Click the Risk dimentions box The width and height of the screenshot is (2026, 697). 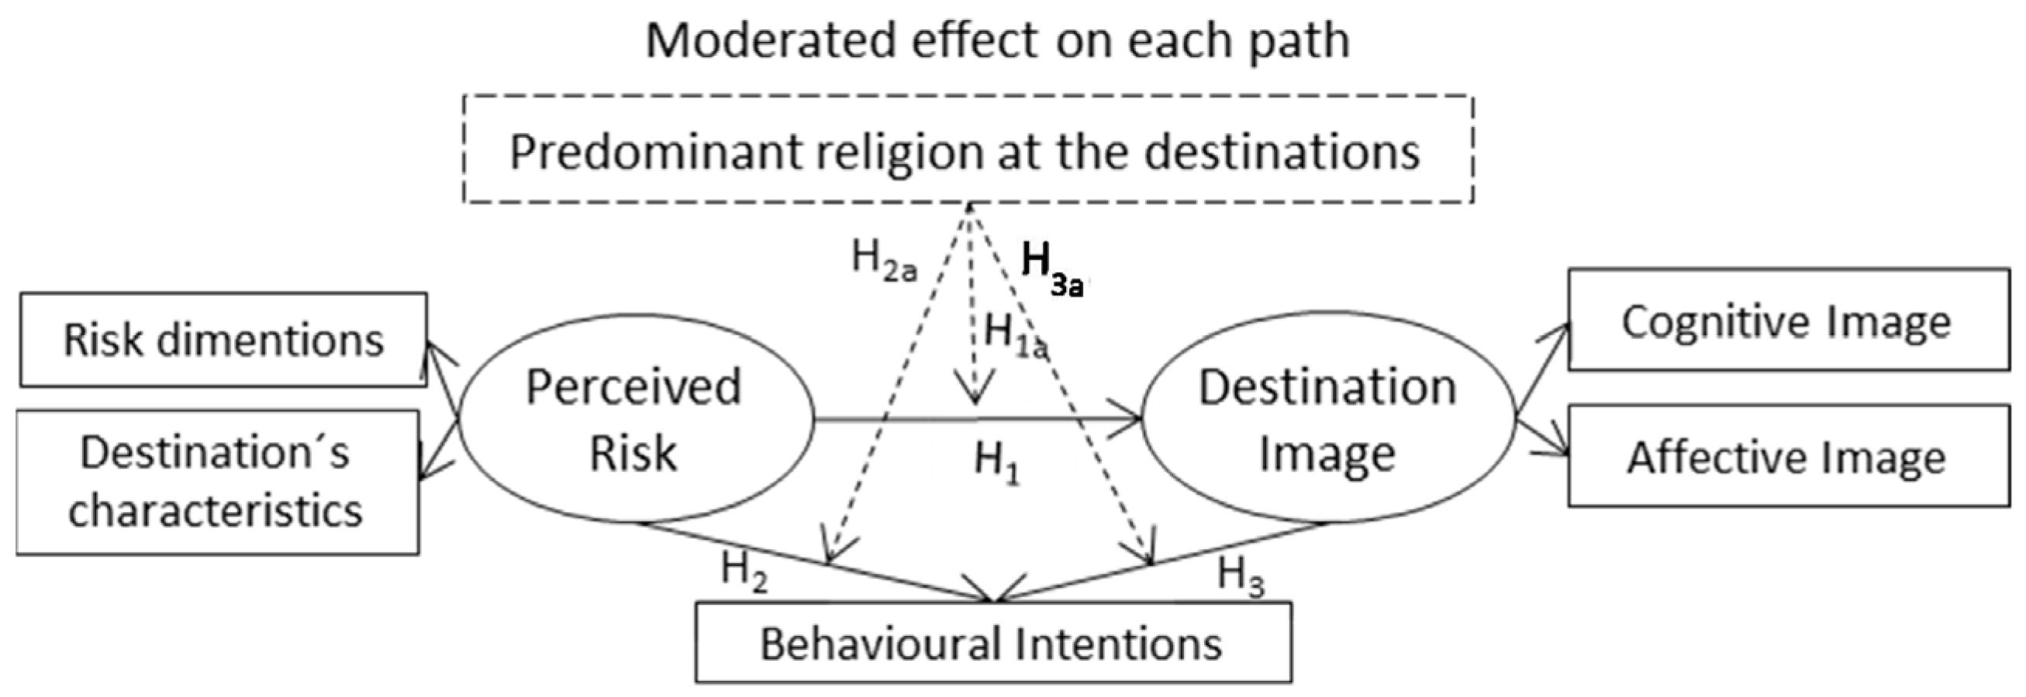[x=223, y=339]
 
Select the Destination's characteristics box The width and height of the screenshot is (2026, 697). [x=217, y=482]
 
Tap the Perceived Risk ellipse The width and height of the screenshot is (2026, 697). [x=634, y=420]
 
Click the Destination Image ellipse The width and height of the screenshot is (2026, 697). [x=1327, y=420]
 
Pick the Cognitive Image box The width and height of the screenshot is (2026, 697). [x=1789, y=320]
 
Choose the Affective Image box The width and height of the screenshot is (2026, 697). [x=1789, y=457]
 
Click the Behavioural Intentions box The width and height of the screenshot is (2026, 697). [x=992, y=643]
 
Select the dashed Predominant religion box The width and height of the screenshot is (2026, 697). [x=968, y=149]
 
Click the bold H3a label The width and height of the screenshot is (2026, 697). [x=1051, y=267]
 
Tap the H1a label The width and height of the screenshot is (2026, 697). [x=1015, y=335]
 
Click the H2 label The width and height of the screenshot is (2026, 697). [x=744, y=572]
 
